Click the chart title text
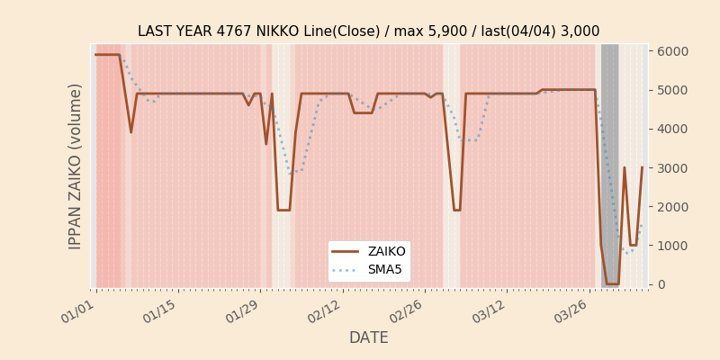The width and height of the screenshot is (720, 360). coord(368,31)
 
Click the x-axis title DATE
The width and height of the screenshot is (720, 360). coord(368,337)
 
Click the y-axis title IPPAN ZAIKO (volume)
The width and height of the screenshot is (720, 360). coord(76,166)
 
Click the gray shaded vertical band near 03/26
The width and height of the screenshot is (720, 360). coord(609,162)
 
